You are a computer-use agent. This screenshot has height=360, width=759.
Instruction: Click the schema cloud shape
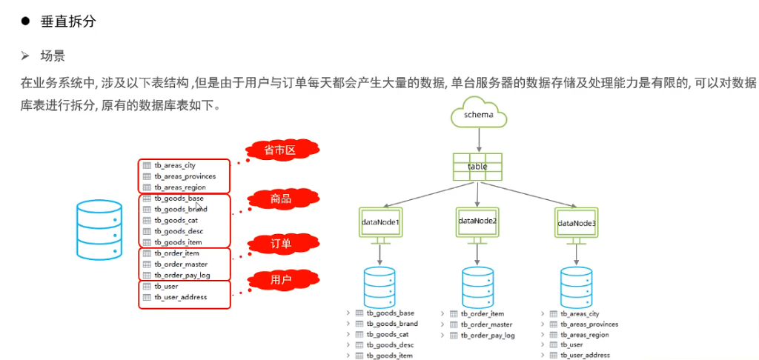pos(478,115)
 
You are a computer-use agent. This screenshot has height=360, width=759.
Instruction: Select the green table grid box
pos(477,167)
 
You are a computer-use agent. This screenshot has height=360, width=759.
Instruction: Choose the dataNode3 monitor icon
pos(576,223)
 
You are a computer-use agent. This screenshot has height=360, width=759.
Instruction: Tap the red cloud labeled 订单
pos(281,244)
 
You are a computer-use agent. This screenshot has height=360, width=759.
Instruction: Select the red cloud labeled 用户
pos(281,279)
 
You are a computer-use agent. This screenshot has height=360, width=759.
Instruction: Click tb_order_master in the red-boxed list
pos(181,264)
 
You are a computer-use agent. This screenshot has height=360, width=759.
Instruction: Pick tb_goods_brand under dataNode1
pos(391,324)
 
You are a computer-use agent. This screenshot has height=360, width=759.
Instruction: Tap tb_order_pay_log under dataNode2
pos(488,336)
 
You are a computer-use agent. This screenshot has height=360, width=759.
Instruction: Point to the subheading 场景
pos(53,56)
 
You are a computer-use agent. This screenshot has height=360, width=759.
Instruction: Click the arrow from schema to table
pos(478,139)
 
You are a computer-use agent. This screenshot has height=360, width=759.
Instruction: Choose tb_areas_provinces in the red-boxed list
pos(185,176)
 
